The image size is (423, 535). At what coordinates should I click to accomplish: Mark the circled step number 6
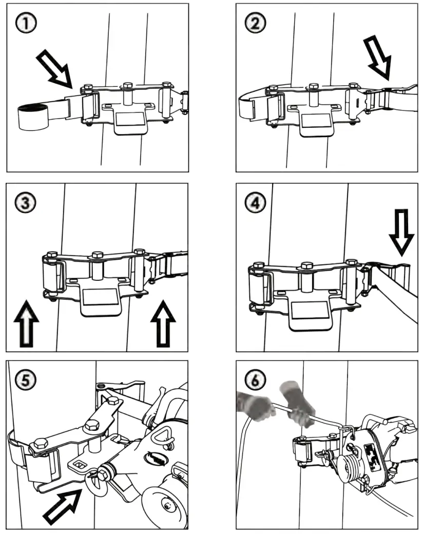(255, 380)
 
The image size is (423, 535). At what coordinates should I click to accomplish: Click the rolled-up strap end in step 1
(31, 117)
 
